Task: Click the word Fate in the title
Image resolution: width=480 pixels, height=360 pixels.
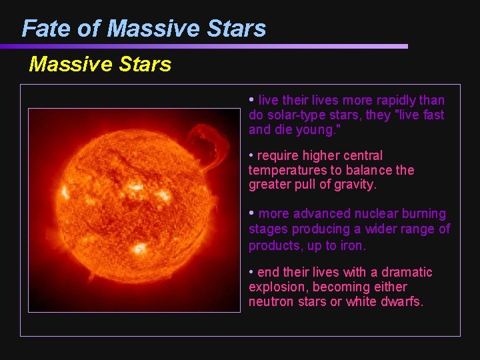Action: (x=45, y=28)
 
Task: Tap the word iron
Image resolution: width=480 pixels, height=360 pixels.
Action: (x=352, y=245)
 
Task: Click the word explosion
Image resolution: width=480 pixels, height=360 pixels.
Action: (x=277, y=287)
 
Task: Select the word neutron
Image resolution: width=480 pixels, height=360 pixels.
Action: (x=271, y=301)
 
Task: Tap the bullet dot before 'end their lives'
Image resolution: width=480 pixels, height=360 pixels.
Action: (x=251, y=272)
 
